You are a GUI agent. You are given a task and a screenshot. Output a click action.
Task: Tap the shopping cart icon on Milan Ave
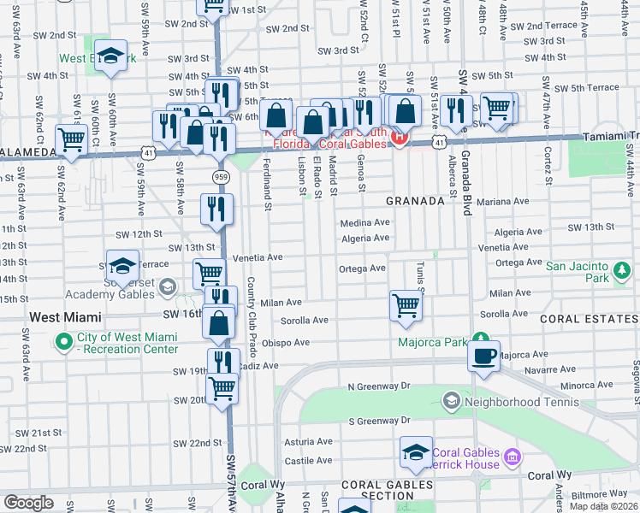pyautogui.click(x=406, y=305)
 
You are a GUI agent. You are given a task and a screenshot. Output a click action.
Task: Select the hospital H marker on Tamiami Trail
pyautogui.click(x=397, y=136)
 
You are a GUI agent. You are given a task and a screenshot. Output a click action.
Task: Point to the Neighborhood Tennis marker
pyautogui.click(x=451, y=400)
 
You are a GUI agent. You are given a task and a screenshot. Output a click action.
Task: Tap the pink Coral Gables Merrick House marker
pyautogui.click(x=512, y=457)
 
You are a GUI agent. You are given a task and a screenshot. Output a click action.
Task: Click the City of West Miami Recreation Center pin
pyautogui.click(x=63, y=343)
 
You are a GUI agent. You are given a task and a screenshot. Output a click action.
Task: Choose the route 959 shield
pyautogui.click(x=220, y=175)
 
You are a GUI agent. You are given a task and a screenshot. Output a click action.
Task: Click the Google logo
pyautogui.click(x=28, y=502)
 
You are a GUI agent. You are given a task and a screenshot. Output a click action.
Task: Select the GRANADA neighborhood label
pyautogui.click(x=415, y=201)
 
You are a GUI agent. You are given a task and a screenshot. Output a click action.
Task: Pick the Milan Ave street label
pyautogui.click(x=281, y=303)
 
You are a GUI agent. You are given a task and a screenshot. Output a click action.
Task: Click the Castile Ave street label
pyautogui.click(x=308, y=460)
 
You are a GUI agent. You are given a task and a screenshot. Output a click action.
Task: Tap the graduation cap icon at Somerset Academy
pyautogui.click(x=122, y=265)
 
